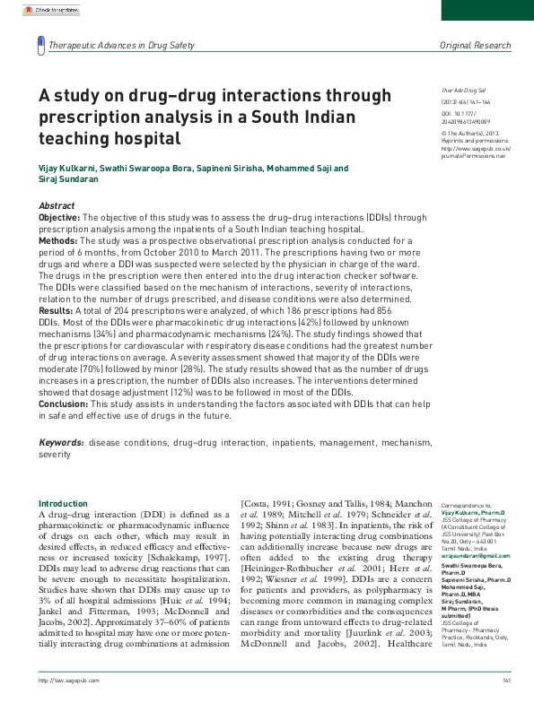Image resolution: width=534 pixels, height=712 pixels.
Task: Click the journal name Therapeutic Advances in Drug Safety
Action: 120,45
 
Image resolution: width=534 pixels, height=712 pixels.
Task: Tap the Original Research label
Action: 475,45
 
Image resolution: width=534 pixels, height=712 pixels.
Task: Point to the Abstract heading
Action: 57,206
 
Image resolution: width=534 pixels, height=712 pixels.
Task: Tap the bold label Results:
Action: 56,310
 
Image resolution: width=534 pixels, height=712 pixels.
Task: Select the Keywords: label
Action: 62,443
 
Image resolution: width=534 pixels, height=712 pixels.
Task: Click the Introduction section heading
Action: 64,504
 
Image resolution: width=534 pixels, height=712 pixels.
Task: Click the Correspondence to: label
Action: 467,507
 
